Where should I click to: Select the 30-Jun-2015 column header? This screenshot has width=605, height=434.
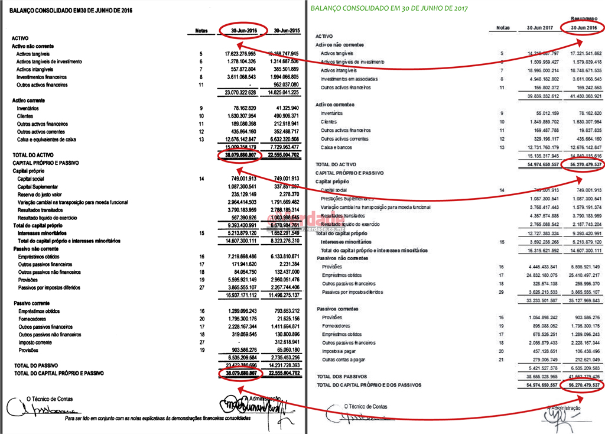pyautogui.click(x=287, y=31)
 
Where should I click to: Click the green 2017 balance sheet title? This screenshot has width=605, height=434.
pyautogui.click(x=389, y=8)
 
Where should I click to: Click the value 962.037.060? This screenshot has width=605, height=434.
pyautogui.click(x=287, y=85)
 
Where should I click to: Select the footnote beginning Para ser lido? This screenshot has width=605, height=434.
pyautogui.click(x=157, y=418)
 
